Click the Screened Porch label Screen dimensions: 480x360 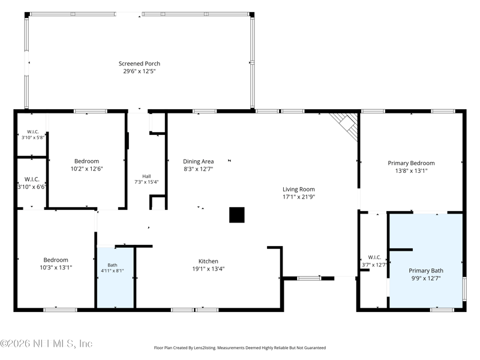(x=139, y=64)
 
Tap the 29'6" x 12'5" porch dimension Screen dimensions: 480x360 (x=139, y=71)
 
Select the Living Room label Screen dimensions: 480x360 (x=298, y=190)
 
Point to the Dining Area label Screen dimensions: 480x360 (x=199, y=161)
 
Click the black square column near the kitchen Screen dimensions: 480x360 (x=237, y=215)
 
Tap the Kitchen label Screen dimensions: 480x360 (x=208, y=261)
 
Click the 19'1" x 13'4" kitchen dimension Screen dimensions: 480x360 (x=208, y=269)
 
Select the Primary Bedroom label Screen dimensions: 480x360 (x=411, y=163)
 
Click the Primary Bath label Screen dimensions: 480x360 (x=426, y=271)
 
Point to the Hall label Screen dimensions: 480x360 (x=146, y=176)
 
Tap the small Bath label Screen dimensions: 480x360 (x=112, y=265)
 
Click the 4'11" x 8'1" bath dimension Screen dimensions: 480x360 (x=112, y=271)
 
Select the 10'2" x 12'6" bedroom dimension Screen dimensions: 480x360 (x=86, y=169)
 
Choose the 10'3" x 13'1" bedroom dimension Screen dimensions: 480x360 (x=56, y=268)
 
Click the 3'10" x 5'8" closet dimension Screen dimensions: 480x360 (x=33, y=137)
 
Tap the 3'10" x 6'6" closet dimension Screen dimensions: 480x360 (x=32, y=187)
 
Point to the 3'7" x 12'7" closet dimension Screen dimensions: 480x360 (x=374, y=265)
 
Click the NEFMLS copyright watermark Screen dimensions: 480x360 (x=46, y=343)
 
